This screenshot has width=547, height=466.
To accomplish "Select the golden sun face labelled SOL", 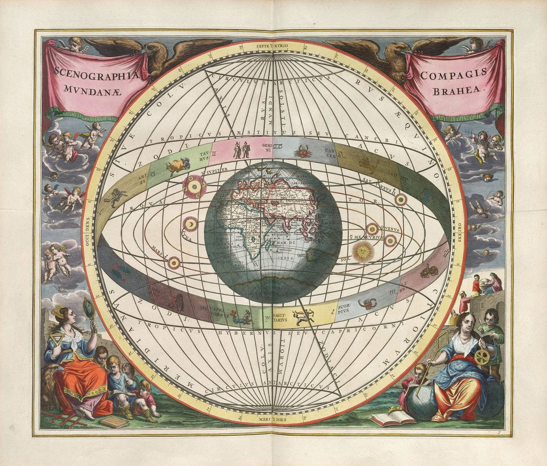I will [364, 250].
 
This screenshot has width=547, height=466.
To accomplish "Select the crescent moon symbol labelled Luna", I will [190, 225].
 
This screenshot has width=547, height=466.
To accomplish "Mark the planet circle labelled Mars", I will [174, 262].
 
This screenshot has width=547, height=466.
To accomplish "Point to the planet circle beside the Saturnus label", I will [400, 200].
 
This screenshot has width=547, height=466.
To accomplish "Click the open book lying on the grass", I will [393, 417].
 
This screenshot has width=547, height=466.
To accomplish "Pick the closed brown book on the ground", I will [113, 422].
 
